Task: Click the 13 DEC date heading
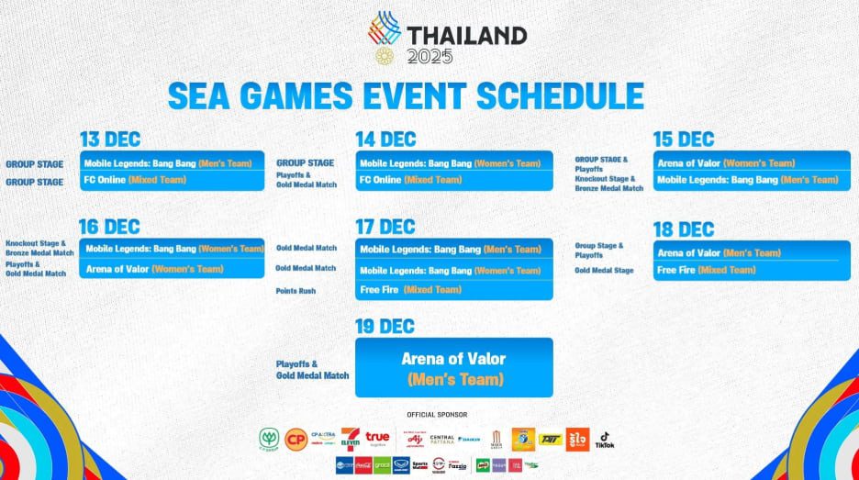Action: [x=110, y=140]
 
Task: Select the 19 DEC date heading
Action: [x=385, y=326]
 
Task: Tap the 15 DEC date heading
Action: [x=684, y=140]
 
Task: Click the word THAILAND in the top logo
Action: [x=467, y=36]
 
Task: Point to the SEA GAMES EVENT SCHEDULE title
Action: [x=405, y=95]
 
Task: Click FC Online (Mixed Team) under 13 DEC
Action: [x=135, y=180]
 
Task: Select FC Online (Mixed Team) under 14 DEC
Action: [x=410, y=180]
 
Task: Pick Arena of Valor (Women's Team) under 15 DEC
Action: [x=726, y=163]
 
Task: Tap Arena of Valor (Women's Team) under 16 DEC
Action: [x=154, y=269]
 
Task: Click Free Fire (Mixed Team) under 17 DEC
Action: [x=410, y=290]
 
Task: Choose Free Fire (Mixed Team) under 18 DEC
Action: [x=707, y=270]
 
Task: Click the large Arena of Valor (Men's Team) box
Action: [x=453, y=367]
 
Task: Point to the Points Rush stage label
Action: [x=295, y=291]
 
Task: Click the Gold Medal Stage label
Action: [x=604, y=271]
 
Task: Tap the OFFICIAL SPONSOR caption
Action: [x=437, y=415]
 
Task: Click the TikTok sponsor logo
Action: [x=605, y=441]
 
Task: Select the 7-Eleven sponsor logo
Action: [x=350, y=440]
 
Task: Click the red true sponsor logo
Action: [x=377, y=439]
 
